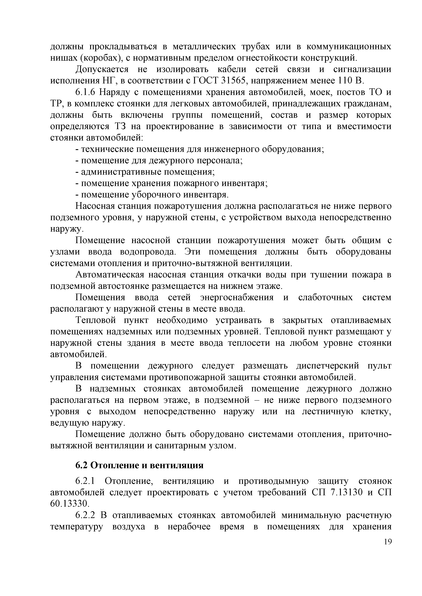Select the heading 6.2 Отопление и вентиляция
tap(139, 465)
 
